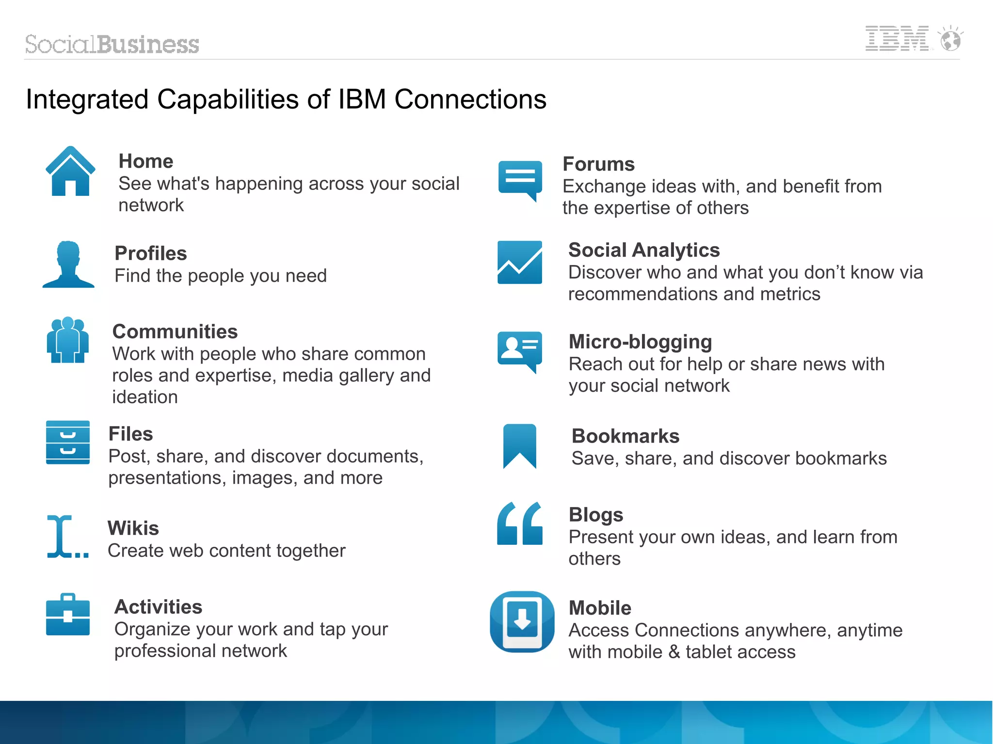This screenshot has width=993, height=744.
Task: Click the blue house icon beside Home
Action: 70,172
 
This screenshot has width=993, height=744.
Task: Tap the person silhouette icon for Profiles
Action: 68,265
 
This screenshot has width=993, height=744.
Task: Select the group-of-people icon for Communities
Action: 68,340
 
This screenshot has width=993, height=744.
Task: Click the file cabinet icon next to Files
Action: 68,443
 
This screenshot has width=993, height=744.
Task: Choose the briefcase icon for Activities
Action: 68,615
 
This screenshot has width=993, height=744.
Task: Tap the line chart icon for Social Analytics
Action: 520,262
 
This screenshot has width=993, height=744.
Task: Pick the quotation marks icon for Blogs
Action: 520,524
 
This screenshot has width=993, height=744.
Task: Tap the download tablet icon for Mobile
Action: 522,621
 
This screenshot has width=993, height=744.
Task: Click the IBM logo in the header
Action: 897,39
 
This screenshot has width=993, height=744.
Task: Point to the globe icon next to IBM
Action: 950,39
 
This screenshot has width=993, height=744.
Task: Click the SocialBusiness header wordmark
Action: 112,45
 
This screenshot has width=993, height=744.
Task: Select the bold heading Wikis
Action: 133,528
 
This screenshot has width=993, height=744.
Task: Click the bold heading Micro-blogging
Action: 641,342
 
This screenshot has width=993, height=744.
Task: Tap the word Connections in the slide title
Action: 470,99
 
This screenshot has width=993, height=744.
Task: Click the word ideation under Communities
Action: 145,397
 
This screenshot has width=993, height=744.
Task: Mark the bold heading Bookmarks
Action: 625,436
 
